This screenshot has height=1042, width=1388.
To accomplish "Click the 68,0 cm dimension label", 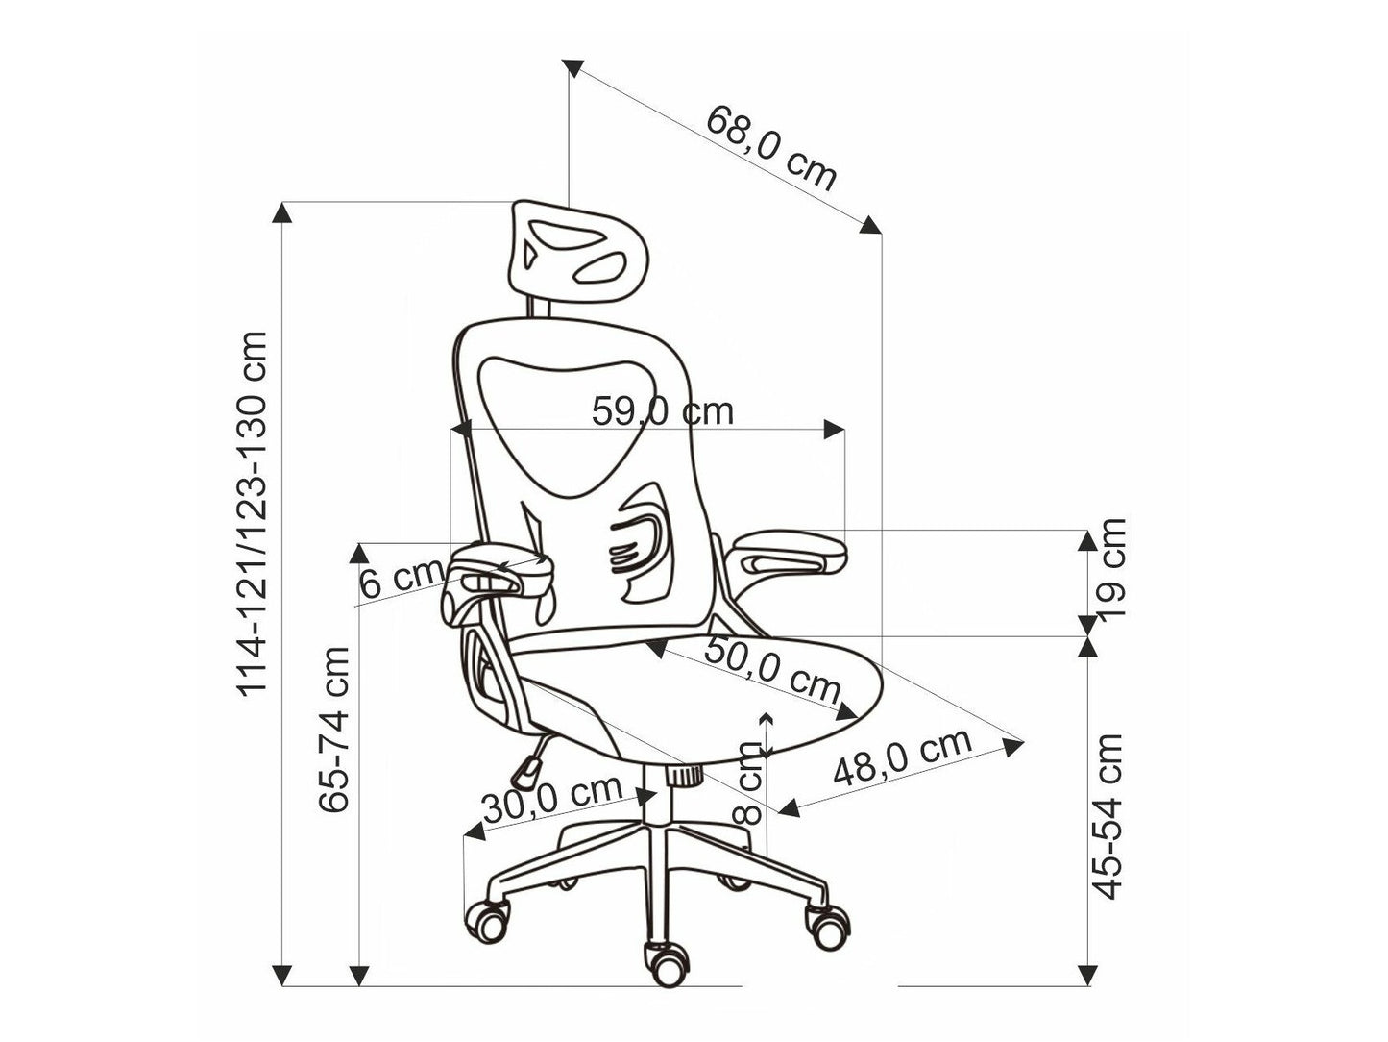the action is (x=770, y=148).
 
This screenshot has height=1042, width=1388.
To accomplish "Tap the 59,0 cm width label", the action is (x=662, y=411).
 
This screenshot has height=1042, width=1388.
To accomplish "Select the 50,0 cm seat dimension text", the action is (x=772, y=671).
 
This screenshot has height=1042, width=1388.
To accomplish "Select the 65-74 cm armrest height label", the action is (x=334, y=729).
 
